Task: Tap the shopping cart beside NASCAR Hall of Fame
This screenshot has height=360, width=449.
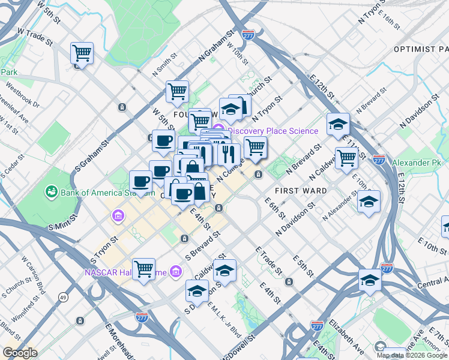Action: (x=144, y=269)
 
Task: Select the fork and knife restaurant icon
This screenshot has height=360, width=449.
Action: (x=229, y=154)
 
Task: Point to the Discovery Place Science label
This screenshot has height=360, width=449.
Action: (x=273, y=131)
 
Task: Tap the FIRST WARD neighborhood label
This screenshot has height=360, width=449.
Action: (x=300, y=191)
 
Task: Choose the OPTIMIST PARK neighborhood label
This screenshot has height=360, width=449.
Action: (x=421, y=49)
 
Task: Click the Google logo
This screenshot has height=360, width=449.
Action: (x=20, y=353)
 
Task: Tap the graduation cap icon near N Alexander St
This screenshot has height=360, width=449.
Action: (x=369, y=201)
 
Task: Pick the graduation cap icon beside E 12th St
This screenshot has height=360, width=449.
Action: (x=338, y=124)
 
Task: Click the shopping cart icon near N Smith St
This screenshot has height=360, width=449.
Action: (x=177, y=91)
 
